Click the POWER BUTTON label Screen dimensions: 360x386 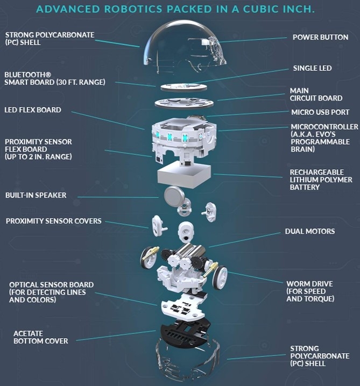tap(320, 37)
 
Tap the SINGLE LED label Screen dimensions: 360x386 tap(312, 68)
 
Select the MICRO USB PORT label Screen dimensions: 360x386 tap(320, 112)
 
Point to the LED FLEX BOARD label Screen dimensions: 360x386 tap(33, 110)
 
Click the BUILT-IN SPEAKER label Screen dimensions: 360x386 tap(36, 195)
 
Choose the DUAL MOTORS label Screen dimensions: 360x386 tap(310, 231)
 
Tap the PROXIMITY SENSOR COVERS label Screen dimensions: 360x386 tap(53, 221)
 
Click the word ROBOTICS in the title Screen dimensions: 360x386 tap(133, 9)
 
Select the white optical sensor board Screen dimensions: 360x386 tap(183, 306)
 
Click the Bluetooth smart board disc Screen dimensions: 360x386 tap(183, 88)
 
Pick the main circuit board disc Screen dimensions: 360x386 tap(184, 103)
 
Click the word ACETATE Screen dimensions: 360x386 tap(28, 333)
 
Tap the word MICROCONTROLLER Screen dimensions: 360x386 tap(324, 127)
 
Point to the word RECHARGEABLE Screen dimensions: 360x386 tap(316, 172)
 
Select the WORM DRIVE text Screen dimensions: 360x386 tap(309, 284)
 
